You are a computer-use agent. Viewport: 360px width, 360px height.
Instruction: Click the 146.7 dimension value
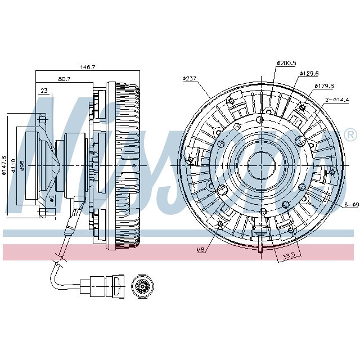[87, 67]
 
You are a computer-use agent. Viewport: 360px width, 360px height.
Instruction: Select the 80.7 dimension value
[65, 79]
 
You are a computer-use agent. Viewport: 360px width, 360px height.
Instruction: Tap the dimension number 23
[44, 90]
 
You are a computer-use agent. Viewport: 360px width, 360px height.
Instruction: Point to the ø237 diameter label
[190, 78]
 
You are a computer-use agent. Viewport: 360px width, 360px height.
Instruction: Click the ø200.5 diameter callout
[286, 63]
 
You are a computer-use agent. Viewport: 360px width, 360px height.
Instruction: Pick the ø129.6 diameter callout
[309, 73]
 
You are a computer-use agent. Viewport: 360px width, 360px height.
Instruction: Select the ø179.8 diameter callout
[324, 85]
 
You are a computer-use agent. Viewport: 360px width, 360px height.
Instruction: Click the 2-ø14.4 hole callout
[336, 100]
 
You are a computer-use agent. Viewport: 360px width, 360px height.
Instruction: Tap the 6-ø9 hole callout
[351, 204]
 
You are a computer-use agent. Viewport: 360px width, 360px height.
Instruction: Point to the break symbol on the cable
[57, 260]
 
